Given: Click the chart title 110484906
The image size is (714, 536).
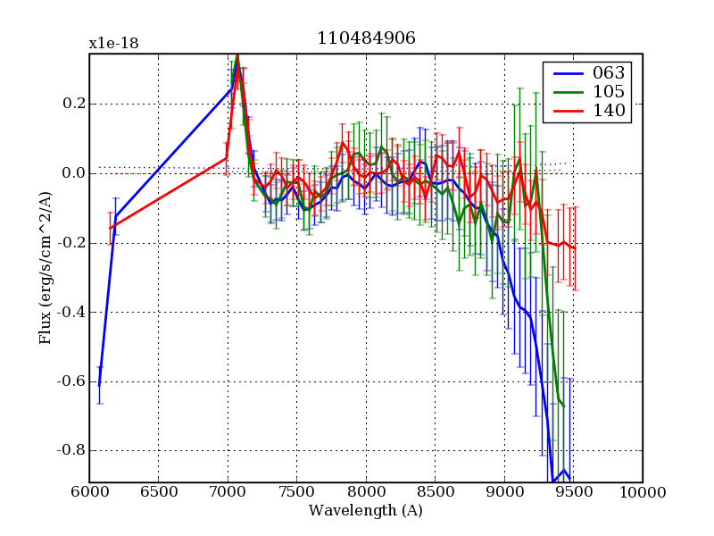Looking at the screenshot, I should (x=366, y=38).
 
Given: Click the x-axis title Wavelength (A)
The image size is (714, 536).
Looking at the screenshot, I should (x=366, y=511).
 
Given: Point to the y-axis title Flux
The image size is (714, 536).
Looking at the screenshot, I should (x=45, y=268).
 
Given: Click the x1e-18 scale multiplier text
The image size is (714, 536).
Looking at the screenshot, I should (x=113, y=44).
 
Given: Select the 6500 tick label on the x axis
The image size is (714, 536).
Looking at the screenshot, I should (x=158, y=492).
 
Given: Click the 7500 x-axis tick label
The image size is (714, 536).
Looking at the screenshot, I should (x=296, y=492).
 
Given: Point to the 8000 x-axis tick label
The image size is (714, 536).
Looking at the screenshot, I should (x=366, y=492).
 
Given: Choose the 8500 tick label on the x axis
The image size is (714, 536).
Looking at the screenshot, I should (x=435, y=492).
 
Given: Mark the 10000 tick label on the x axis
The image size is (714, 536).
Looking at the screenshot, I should (x=643, y=492).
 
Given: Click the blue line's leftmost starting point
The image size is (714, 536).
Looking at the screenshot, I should (x=99, y=386).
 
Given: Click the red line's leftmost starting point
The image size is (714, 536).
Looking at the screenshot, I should (x=111, y=229).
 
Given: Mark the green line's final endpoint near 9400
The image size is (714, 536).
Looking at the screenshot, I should (x=564, y=406).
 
